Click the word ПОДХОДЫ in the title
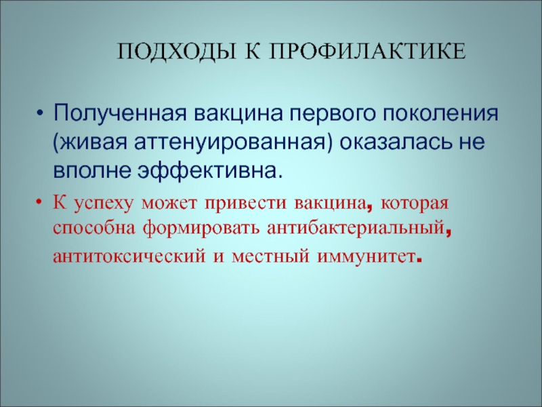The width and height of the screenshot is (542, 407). coord(178,52)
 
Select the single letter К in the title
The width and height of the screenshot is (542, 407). coord(253,52)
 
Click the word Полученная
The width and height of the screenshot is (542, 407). coord(120,113)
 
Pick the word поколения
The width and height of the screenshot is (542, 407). coord(440,113)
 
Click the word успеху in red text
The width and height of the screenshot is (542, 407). coord(104,203)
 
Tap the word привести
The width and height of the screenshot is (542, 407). coord(245,203)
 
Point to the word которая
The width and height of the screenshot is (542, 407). coord(415,203)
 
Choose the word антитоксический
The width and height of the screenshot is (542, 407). coord(129,256)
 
